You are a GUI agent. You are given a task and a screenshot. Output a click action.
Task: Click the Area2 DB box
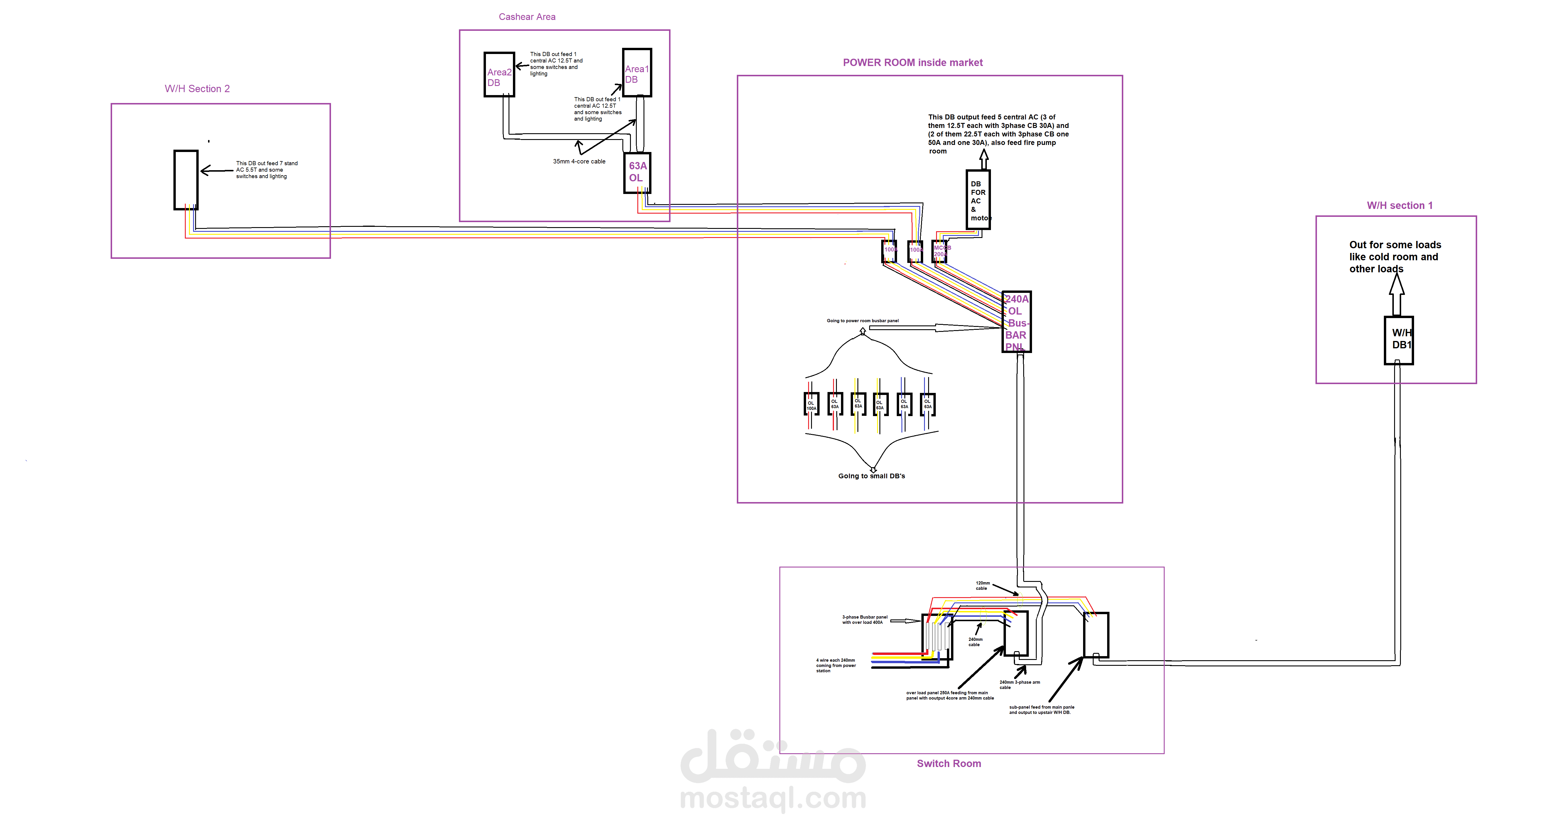(x=499, y=75)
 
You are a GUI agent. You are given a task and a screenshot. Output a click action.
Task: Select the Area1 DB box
(x=636, y=73)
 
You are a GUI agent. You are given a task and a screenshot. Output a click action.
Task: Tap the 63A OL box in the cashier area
(x=637, y=172)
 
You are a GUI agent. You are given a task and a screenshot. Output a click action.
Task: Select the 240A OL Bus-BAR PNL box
(x=1016, y=322)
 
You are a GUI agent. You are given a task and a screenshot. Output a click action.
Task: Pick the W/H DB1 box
(x=1399, y=340)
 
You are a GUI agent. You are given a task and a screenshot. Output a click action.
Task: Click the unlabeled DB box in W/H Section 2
(x=186, y=180)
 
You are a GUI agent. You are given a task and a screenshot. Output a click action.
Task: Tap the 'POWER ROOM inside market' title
(x=912, y=63)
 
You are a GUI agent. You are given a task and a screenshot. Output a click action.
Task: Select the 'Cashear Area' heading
(x=527, y=17)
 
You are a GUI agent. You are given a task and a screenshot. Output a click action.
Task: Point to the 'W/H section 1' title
(x=1399, y=205)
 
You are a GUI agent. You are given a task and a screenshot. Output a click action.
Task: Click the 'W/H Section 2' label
(x=197, y=89)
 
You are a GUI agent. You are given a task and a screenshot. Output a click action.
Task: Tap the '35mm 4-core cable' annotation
(x=579, y=161)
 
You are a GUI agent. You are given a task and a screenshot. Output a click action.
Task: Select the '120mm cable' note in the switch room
(x=982, y=585)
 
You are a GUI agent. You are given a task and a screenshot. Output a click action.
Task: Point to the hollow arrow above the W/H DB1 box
(x=1397, y=294)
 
